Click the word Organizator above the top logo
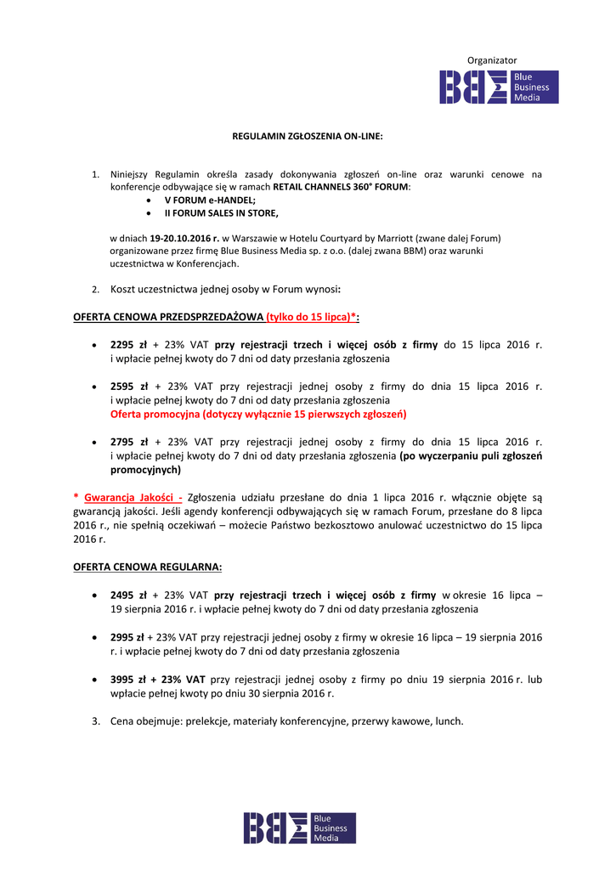pos(492,60)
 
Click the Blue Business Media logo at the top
pos(499,88)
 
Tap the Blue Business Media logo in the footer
pos(300,828)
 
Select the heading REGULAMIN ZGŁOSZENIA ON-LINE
pos(308,136)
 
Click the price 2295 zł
pos(129,345)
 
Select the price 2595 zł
pos(129,386)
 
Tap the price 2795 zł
pos(129,442)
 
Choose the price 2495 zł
pos(129,596)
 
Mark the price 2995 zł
pos(127,637)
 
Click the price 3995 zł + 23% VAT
pos(158,680)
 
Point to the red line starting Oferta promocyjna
pos(258,414)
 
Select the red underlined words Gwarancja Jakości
pos(133,498)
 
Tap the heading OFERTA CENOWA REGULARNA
pos(148,567)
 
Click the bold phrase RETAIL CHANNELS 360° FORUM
pos(341,186)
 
